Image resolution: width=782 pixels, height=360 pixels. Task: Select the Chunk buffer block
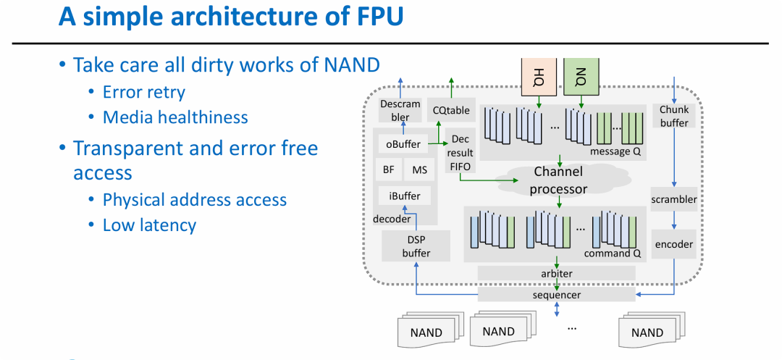[x=674, y=116]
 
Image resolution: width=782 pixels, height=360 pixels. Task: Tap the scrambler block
[x=674, y=199]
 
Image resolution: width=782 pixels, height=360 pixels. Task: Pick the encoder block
[x=674, y=244]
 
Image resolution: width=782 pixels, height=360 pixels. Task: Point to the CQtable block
[x=451, y=110]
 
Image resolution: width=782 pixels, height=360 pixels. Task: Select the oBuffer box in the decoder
[x=403, y=144]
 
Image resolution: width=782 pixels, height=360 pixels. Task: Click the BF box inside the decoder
[x=388, y=169]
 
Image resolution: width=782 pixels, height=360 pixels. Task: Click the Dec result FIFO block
[x=460, y=153]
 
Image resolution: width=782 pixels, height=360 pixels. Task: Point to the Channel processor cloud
[x=558, y=180]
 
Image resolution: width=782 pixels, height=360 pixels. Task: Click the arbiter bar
[x=556, y=273]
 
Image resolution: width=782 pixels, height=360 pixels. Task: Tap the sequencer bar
[x=556, y=295]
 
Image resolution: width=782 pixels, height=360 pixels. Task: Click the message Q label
[x=615, y=151]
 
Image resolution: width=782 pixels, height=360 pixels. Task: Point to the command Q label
[x=613, y=254]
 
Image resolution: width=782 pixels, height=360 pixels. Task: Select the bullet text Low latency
[x=149, y=225]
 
